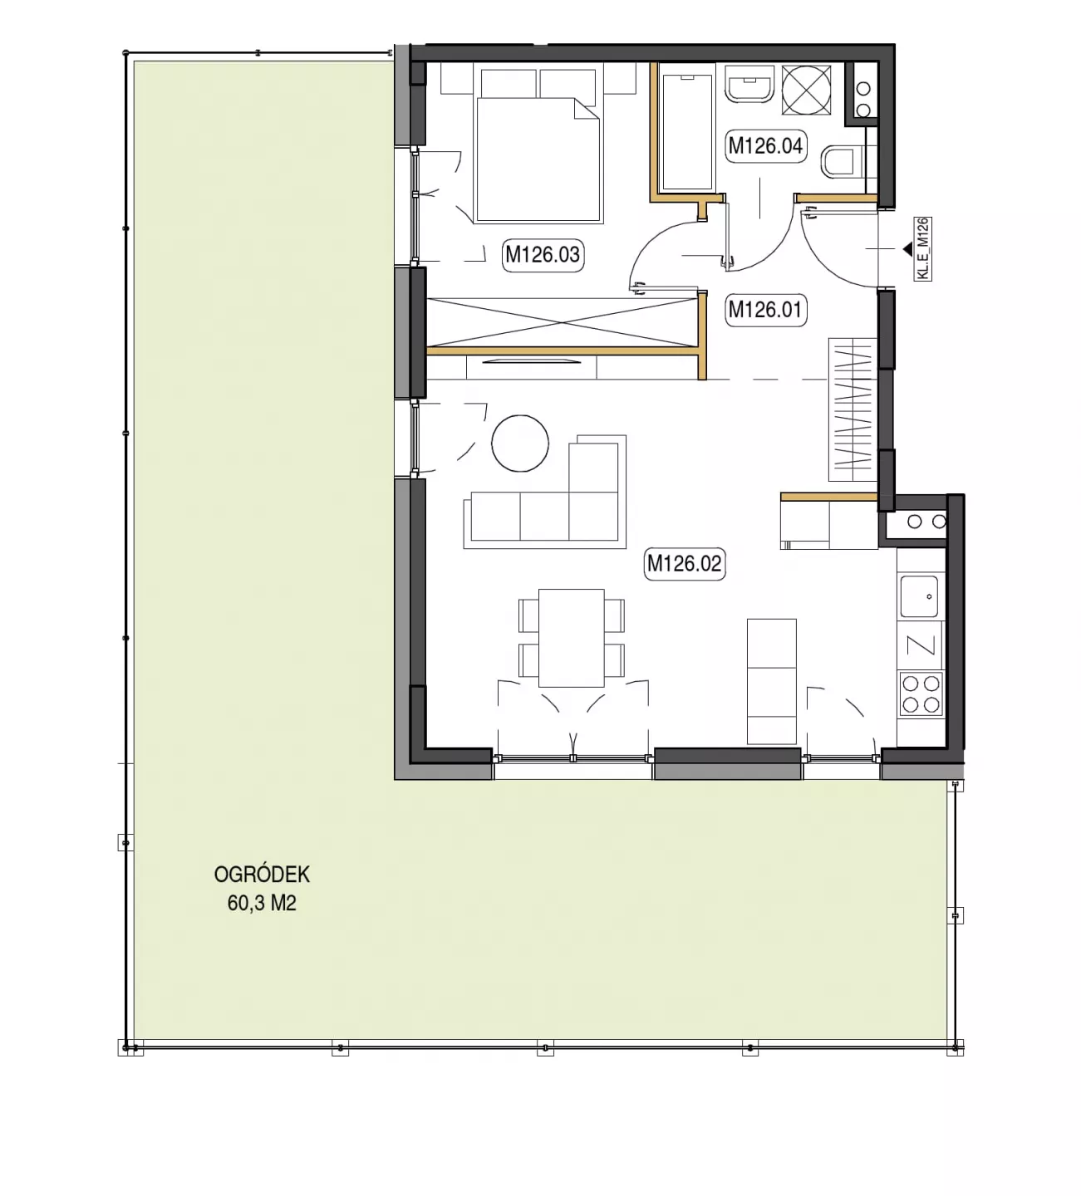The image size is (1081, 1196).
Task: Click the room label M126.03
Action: coord(543,255)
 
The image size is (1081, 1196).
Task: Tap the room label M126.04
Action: coord(765,145)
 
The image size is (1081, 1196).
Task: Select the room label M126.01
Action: coord(765,310)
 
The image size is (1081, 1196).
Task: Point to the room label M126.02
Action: coord(685,563)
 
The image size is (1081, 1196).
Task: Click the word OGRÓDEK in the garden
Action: coord(262,875)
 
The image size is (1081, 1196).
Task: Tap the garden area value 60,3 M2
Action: coord(262,904)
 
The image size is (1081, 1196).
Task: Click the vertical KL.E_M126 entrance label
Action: coord(922,248)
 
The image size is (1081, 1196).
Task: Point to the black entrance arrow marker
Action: coord(907,248)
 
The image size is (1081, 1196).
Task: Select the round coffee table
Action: coord(519,444)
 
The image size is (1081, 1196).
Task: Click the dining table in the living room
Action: coord(571,638)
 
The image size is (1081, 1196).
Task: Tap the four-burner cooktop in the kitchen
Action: coord(921,694)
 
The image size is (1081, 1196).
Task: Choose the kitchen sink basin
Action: coord(919,596)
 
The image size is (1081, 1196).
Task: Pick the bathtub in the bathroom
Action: coord(688,132)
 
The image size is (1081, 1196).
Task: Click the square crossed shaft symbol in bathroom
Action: coord(806,90)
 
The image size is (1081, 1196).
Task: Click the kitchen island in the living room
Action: coord(771,681)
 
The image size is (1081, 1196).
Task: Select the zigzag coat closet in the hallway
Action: coord(853,409)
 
